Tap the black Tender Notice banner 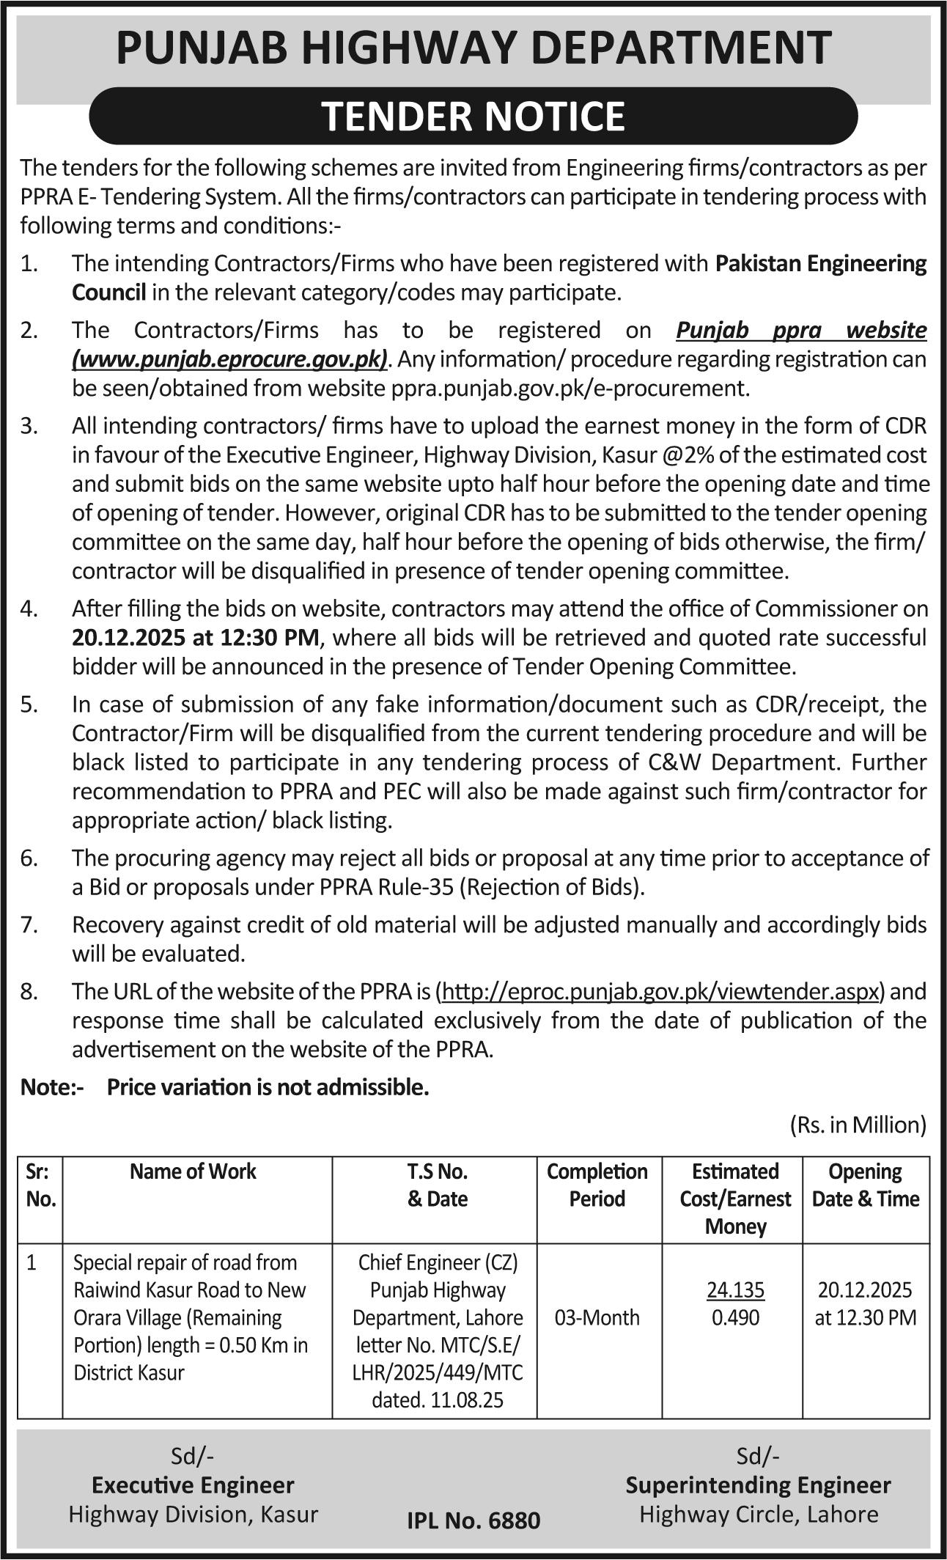(473, 116)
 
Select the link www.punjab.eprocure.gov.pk (229, 359)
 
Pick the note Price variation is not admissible (268, 1087)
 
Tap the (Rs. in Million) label (858, 1125)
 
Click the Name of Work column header (194, 1171)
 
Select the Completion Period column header (597, 1185)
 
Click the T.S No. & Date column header (437, 1185)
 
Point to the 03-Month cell (597, 1317)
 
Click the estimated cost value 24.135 (735, 1289)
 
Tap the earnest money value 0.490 (735, 1317)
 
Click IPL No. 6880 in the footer (473, 1521)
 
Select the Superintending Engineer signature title (758, 1485)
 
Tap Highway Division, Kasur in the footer (194, 1515)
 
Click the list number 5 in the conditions (29, 704)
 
